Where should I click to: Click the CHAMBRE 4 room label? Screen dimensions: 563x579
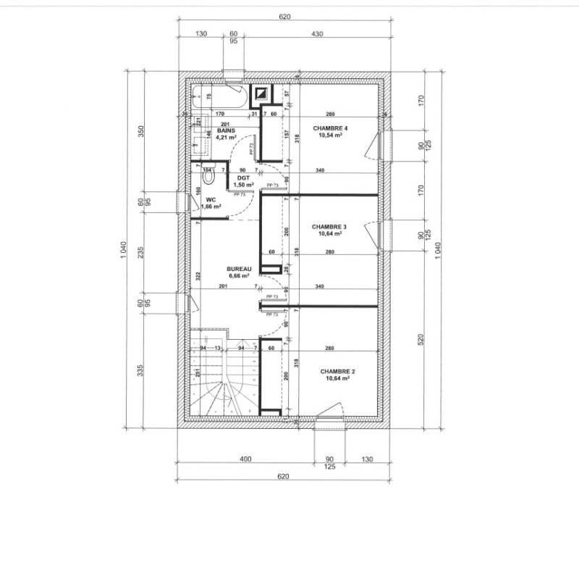pos(325,128)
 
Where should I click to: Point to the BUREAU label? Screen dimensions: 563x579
pos(238,268)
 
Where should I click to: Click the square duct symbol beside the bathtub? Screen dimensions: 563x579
pos(261,93)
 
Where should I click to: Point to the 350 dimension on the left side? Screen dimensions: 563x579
pos(142,131)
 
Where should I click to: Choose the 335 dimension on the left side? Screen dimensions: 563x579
pos(142,372)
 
